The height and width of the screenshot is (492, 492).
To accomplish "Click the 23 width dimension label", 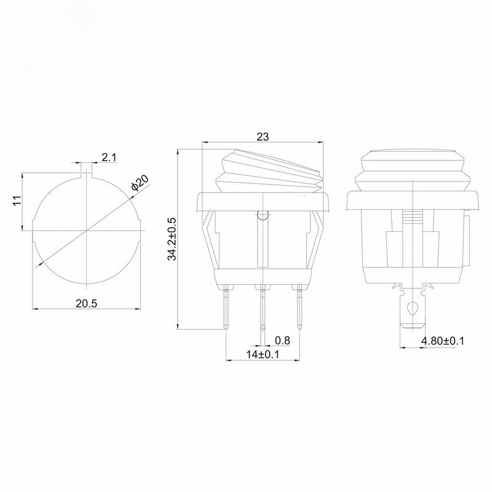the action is click(x=263, y=137).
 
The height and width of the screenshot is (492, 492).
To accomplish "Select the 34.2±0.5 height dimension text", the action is click(x=172, y=239).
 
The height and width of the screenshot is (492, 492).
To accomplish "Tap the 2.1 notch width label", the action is click(x=109, y=157).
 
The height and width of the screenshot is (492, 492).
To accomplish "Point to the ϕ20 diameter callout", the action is click(x=140, y=183).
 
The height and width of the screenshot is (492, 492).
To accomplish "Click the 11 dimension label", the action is click(x=17, y=200).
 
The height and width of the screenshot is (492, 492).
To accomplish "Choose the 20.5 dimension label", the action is click(x=87, y=304).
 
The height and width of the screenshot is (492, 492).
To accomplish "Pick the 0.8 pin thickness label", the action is click(x=282, y=341).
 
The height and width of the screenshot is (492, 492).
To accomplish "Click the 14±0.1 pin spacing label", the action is click(x=263, y=355).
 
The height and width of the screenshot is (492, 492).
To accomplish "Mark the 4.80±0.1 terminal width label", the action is click(x=442, y=341).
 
